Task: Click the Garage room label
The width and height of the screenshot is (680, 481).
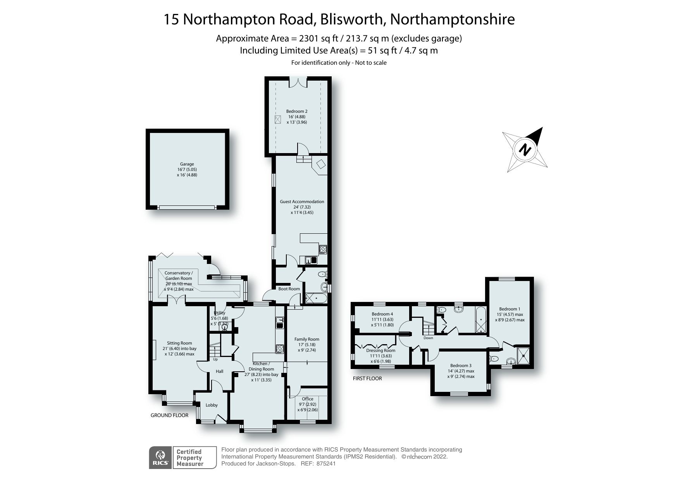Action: [187, 164]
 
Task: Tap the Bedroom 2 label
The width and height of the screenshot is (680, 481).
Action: [297, 112]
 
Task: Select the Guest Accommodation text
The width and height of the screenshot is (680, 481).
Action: [302, 202]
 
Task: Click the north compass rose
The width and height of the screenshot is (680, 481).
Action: [525, 149]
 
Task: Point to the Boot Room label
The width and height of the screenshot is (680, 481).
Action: [289, 289]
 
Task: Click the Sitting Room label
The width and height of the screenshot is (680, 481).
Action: [179, 343]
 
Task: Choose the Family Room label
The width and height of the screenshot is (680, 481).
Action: [306, 340]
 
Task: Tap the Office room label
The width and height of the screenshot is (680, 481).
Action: [307, 399]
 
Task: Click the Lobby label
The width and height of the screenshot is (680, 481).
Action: [212, 405]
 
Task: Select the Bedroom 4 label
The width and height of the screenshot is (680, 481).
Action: [382, 314]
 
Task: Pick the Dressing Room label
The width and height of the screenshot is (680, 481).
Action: [380, 350]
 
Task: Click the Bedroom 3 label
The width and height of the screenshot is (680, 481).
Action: [461, 365]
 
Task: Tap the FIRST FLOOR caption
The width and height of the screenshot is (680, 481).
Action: [367, 378]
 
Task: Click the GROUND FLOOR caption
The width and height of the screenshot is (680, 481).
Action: [169, 415]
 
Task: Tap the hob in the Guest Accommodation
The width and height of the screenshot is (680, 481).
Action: [323, 249]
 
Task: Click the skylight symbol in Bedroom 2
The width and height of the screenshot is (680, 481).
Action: [278, 119]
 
